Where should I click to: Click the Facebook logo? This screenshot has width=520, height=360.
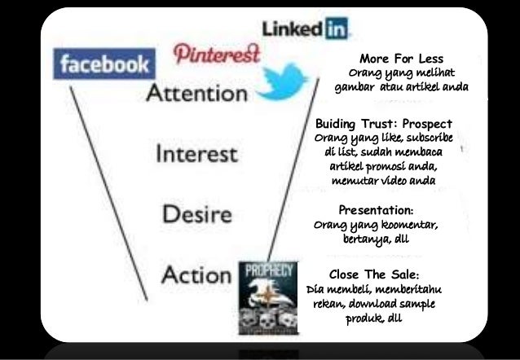click(103, 63)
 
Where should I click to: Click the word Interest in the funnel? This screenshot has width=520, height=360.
click(196, 153)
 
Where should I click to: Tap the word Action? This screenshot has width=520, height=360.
click(196, 274)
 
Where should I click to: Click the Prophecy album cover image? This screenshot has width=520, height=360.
click(267, 298)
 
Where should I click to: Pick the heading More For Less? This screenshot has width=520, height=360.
click(401, 59)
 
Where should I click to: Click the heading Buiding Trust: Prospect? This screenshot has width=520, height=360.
click(383, 124)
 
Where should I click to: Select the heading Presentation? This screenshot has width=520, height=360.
click(376, 209)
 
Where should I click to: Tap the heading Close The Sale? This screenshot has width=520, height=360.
click(375, 274)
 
